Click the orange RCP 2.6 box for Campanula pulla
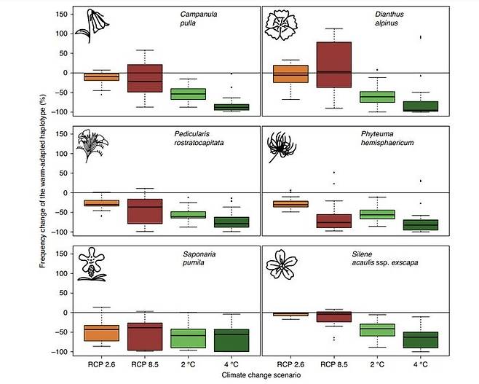pos(92,76)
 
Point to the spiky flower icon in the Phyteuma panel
pos(280,146)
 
